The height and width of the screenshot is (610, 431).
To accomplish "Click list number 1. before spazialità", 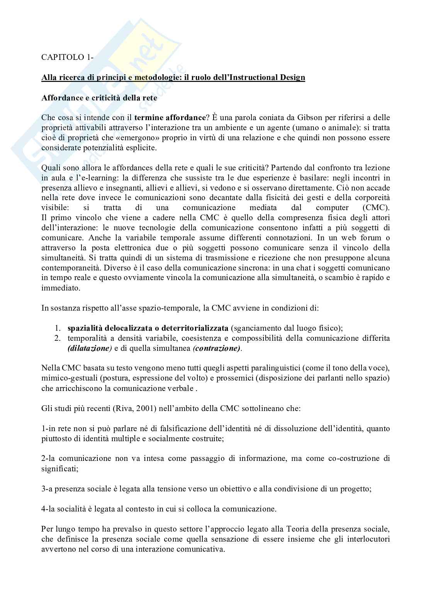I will pyautogui.click(x=58, y=328).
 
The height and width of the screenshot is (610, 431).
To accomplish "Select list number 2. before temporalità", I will pyautogui.click(x=58, y=338).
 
